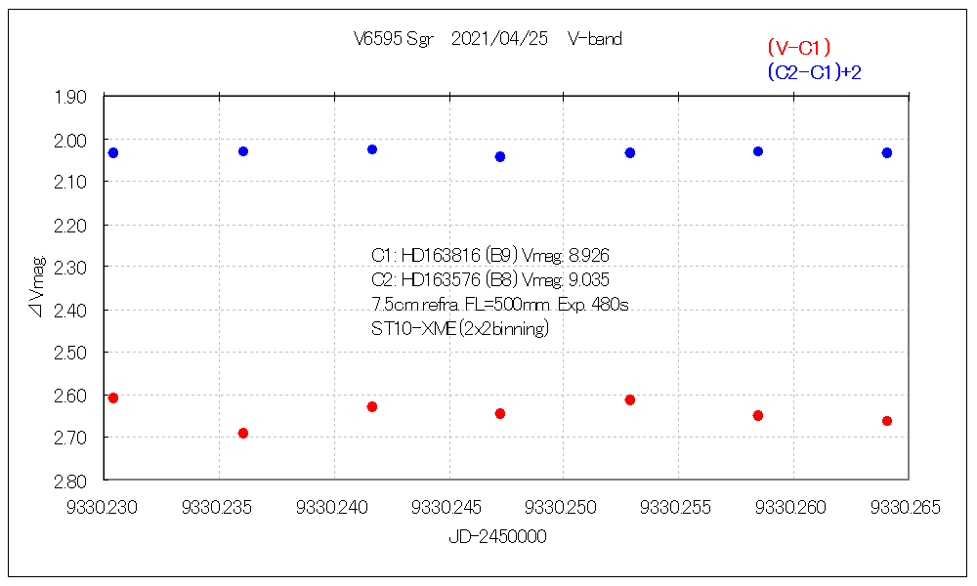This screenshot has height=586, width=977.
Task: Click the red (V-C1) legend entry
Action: [798, 47]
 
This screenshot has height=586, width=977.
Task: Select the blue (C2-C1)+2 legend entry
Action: [813, 72]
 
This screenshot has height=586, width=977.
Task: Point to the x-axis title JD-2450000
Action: [497, 537]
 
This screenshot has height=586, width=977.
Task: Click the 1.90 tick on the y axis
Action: [70, 97]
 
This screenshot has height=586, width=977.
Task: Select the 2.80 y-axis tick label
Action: [70, 481]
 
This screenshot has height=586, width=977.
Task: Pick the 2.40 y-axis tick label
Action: [70, 310]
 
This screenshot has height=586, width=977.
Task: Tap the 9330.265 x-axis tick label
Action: [908, 508]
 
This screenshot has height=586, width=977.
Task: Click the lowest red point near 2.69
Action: [243, 433]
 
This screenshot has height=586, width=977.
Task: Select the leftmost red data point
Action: [113, 398]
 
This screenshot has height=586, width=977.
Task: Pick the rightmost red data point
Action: [887, 421]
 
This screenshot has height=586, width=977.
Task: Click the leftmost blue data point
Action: [113, 152]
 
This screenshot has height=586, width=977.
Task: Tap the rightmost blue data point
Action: [887, 152]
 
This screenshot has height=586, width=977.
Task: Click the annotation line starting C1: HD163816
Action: [490, 256]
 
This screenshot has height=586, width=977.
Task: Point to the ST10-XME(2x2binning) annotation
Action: [460, 329]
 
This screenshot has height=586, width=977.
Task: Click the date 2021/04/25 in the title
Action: [498, 40]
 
